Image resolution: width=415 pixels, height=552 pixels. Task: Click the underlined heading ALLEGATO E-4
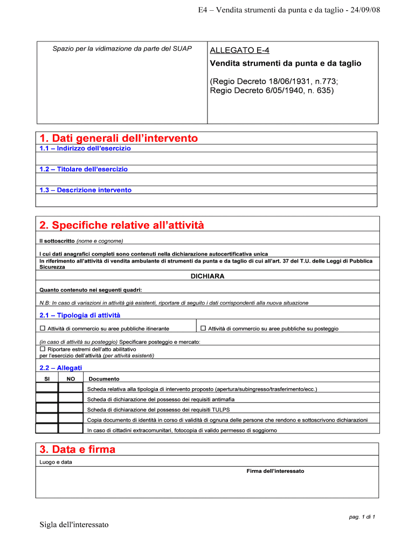tap(239, 50)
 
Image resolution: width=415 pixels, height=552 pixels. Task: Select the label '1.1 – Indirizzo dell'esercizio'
tap(85, 148)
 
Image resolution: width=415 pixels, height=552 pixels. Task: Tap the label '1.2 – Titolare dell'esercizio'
tap(84, 169)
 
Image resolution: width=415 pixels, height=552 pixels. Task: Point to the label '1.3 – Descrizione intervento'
tap(85, 190)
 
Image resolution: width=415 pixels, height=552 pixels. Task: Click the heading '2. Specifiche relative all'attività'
tap(122, 225)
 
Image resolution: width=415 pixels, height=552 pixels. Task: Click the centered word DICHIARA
tap(207, 276)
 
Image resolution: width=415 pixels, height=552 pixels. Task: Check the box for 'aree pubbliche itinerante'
tap(43, 328)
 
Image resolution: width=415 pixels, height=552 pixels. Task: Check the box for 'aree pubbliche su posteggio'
tap(203, 328)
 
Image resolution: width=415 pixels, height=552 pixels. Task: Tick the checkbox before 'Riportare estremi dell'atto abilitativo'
tap(43, 349)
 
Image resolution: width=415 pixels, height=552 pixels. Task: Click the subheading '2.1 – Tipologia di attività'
tap(80, 315)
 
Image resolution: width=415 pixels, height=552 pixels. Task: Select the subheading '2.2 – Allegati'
tap(61, 368)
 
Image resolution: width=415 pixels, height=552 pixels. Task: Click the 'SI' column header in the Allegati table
tap(46, 379)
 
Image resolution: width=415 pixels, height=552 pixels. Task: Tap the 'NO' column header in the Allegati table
tap(71, 379)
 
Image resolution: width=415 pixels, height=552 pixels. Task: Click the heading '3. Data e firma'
tap(78, 450)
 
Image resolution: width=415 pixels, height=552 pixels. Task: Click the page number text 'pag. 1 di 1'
tap(362, 517)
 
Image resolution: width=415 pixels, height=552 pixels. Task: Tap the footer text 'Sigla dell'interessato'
tap(74, 525)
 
